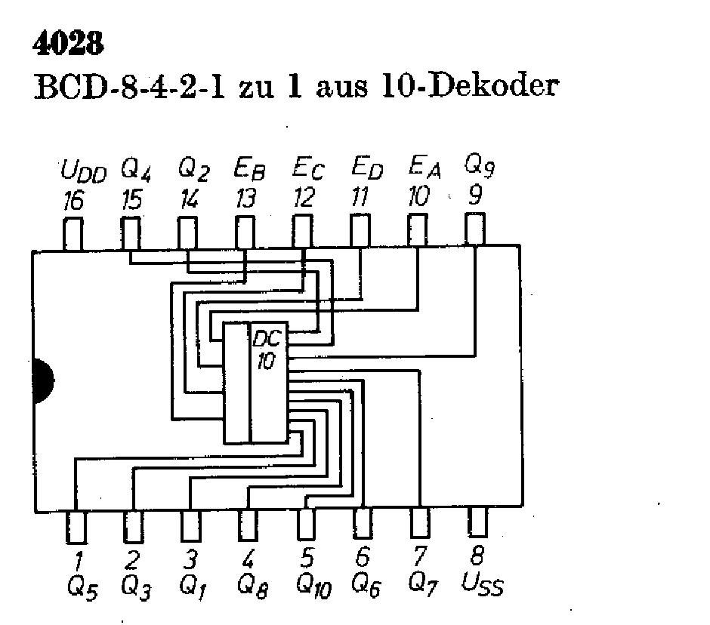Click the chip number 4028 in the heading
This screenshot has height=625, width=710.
67,44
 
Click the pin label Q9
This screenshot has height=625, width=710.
479,164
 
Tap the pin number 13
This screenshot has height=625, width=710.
245,199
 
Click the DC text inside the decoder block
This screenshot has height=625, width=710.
267,337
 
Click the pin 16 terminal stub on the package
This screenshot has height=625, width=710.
74,233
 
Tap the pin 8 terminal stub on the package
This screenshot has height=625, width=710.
477,522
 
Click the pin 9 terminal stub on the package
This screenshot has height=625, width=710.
474,229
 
